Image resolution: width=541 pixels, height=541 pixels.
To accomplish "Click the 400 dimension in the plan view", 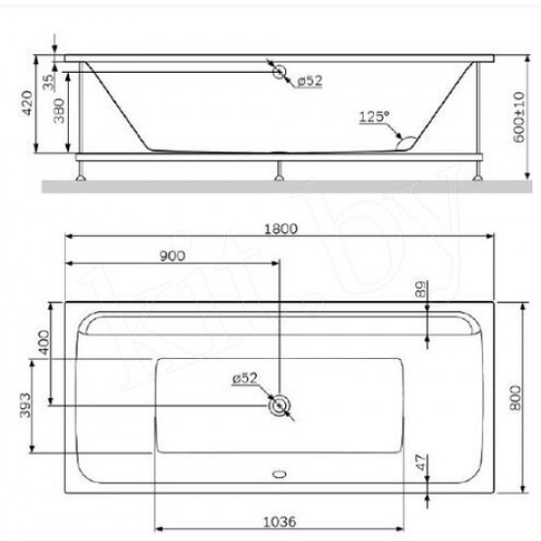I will (x=43, y=341).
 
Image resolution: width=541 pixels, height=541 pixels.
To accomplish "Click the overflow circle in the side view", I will (x=280, y=72).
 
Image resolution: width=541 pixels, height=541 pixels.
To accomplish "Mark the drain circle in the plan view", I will (x=280, y=405).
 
